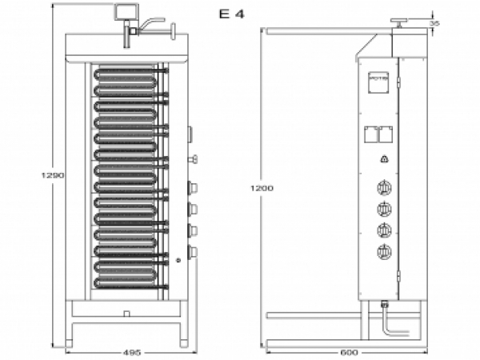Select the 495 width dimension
(x=133, y=352)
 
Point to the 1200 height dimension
(x=262, y=188)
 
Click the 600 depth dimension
(x=348, y=352)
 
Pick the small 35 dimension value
(x=434, y=23)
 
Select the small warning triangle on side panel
(x=384, y=159)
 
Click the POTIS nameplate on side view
(x=378, y=81)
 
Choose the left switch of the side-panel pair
(x=370, y=134)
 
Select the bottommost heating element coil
(x=128, y=280)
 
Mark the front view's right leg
(x=185, y=330)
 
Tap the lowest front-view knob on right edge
(x=190, y=252)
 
